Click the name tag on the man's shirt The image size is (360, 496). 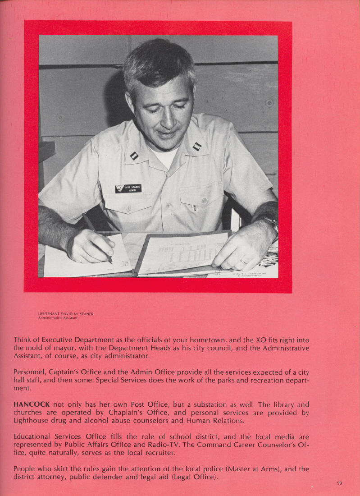click(x=128, y=188)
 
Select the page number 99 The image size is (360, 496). click(x=339, y=483)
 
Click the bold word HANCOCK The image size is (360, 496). click(x=32, y=404)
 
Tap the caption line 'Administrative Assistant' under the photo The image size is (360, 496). click(x=58, y=318)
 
